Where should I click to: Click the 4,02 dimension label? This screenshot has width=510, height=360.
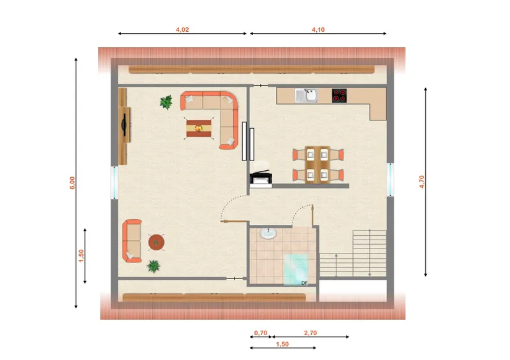click(182, 29)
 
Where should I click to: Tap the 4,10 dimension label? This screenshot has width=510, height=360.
click(318, 29)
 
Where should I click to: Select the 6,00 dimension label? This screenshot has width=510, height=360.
click(72, 182)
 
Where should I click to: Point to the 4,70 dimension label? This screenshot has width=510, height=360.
click(421, 182)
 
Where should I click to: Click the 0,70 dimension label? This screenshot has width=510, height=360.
click(261, 333)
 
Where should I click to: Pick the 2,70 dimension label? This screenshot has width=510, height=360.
click(310, 333)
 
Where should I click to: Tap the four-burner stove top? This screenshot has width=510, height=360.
click(339, 96)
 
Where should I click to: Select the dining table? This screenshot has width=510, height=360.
click(317, 165)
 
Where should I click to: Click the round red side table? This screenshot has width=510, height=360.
click(156, 242)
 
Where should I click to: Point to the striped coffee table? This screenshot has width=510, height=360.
click(199, 128)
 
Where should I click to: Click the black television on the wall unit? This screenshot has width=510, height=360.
click(124, 124)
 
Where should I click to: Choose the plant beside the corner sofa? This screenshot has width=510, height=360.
click(166, 102)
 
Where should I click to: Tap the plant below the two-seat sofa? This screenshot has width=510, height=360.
click(153, 266)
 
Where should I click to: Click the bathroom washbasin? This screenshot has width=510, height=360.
click(268, 233)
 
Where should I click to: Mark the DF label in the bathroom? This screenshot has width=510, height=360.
click(304, 284)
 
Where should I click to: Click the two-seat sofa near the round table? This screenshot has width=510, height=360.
click(132, 241)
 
